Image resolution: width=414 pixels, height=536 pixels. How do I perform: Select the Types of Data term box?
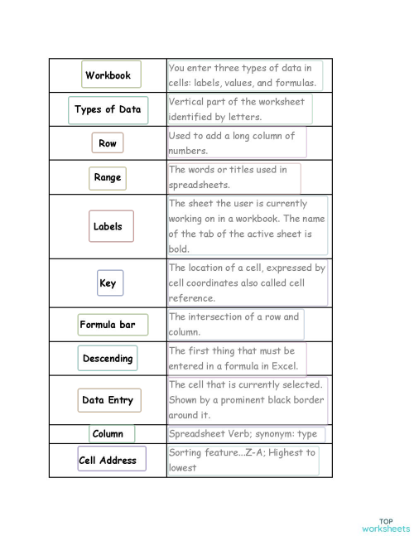point(108,109)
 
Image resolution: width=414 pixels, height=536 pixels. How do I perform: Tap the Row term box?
point(108,143)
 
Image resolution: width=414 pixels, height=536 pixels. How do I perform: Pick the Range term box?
point(107,177)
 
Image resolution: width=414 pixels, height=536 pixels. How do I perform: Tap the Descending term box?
point(108,359)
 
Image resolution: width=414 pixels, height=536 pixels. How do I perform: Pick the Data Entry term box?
point(108,400)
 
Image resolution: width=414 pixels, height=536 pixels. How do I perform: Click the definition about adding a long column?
point(236,142)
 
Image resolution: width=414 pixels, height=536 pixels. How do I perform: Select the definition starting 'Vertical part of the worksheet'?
point(239,109)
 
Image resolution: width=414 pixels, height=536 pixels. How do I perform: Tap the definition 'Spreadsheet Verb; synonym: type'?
point(246,433)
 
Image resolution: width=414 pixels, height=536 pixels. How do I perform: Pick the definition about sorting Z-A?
point(243,460)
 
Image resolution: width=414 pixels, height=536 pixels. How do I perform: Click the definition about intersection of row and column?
point(235,324)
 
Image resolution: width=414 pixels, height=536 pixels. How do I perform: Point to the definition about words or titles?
point(233,177)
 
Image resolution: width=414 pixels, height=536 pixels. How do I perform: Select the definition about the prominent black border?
point(247,399)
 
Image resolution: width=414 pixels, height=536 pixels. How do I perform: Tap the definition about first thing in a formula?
point(237,358)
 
